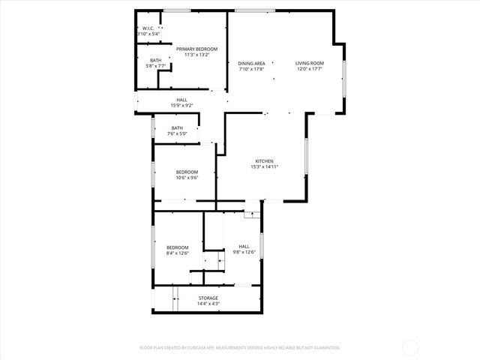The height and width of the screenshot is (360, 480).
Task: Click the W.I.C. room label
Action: click(148, 28)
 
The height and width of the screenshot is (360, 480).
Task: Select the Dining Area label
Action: click(252, 64)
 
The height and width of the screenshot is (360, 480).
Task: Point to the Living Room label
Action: click(309, 64)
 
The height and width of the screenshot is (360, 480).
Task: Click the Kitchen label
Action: click(263, 161)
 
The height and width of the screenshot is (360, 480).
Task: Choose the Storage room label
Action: click(208, 298)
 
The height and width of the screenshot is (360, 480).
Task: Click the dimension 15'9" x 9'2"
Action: click(182, 105)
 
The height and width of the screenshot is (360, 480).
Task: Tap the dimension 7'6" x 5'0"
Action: click(177, 133)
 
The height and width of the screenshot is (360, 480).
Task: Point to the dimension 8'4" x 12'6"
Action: click(178, 253)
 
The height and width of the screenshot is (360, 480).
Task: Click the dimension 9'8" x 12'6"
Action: click(244, 252)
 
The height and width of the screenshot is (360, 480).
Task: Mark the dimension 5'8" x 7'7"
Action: click(155, 66)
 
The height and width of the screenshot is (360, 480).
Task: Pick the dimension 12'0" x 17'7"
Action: click(309, 69)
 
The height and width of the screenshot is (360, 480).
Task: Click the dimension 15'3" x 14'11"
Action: click(263, 166)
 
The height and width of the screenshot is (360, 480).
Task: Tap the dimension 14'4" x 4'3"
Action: click(208, 304)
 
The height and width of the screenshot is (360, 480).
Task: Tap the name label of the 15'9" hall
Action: click(182, 100)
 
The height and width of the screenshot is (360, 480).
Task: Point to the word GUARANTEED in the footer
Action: click(325, 348)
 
